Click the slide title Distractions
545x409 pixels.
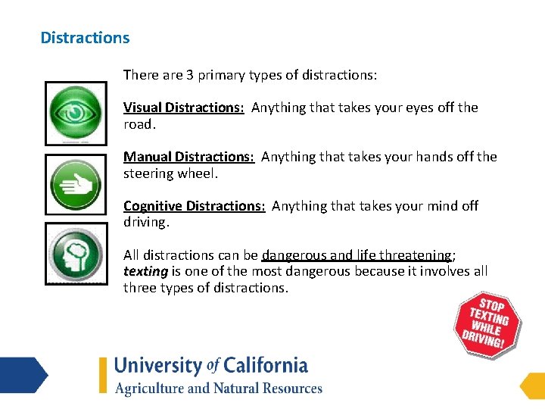pos(85,38)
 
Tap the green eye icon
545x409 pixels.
pos(76,113)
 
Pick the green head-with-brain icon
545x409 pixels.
pos(76,254)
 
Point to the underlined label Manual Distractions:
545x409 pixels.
pos(188,157)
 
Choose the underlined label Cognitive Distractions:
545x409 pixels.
pos(195,206)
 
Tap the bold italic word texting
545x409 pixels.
pos(145,271)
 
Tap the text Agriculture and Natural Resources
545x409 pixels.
pos(219,389)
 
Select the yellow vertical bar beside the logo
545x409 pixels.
pos(103,375)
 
